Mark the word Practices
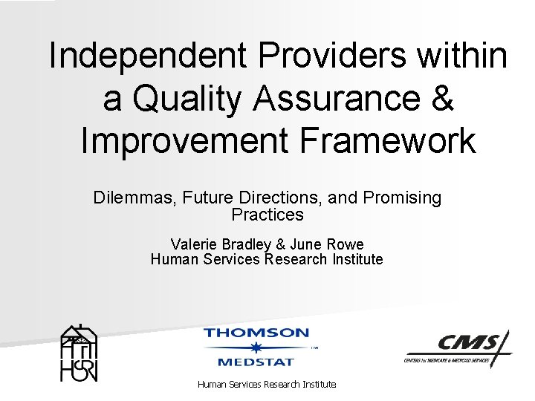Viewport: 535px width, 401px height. [267, 215]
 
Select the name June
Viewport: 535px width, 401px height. [305, 244]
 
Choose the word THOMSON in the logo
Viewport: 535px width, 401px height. [256, 333]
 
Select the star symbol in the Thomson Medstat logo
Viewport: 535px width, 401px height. [256, 347]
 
